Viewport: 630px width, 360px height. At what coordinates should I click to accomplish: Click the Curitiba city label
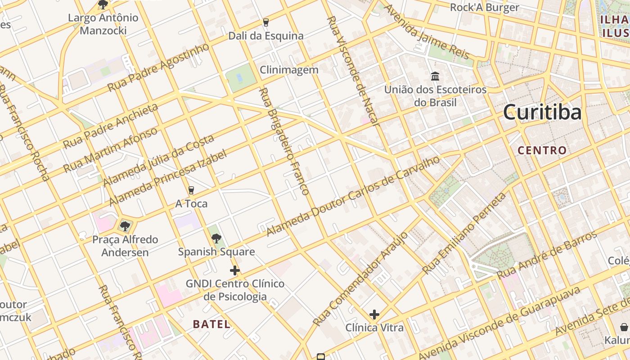click(542, 112)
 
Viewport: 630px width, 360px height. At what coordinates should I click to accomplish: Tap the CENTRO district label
click(542, 150)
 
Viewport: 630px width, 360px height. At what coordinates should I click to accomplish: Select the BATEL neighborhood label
click(211, 324)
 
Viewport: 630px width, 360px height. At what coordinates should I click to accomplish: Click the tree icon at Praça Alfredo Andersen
click(125, 226)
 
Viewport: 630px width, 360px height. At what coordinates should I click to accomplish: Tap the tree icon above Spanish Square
click(216, 238)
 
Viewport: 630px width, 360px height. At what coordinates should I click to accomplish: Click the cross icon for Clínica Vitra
click(374, 315)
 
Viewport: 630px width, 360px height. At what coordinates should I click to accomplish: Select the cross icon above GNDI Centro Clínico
click(235, 270)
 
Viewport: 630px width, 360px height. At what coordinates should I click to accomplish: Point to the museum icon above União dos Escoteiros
click(435, 76)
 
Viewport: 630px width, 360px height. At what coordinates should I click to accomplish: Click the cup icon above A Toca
click(191, 190)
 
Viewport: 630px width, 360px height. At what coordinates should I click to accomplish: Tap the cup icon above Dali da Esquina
click(266, 22)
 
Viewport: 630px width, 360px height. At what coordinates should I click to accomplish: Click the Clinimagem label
click(289, 70)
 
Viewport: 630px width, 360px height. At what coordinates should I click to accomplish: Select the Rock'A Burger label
click(485, 7)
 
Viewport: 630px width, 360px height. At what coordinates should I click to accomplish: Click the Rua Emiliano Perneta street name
click(464, 233)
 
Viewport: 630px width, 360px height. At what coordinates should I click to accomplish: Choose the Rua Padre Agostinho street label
click(158, 67)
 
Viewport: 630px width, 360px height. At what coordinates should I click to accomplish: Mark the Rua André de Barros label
click(547, 255)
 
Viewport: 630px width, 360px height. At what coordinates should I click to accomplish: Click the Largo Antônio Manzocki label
click(103, 24)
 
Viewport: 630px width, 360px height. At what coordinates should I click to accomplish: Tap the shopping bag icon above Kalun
click(624, 327)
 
